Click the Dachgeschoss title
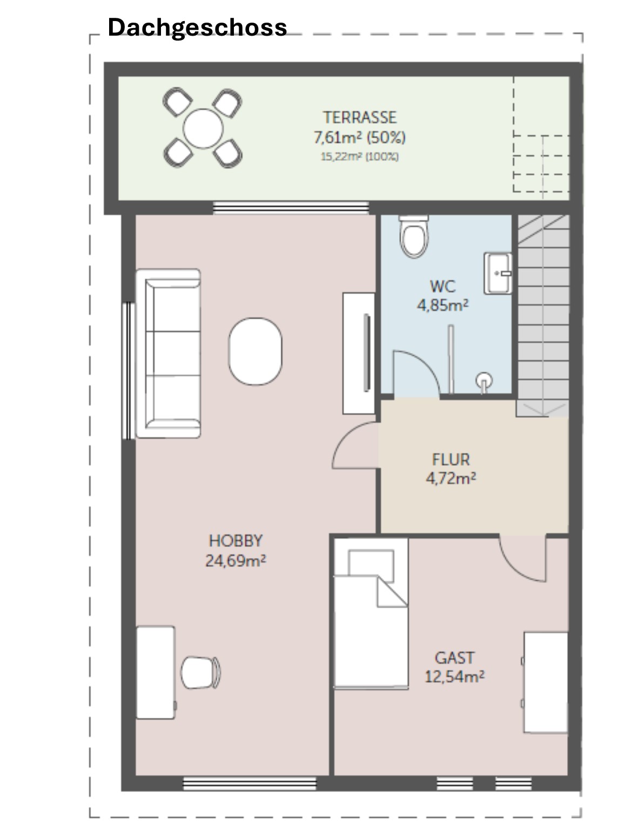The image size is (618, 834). [197, 28]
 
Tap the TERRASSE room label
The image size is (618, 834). [360, 117]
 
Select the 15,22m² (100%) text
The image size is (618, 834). [360, 157]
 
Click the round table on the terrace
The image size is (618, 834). [203, 128]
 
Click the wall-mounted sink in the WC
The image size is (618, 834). [498, 273]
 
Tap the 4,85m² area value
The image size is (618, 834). [442, 305]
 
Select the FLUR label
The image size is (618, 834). [451, 459]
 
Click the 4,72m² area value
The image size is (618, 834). [451, 478]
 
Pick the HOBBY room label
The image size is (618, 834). [236, 541]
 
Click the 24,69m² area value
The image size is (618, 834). [236, 560]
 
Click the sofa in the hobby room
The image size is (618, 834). [168, 354]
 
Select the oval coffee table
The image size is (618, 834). [255, 351]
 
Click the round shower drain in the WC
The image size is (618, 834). [484, 380]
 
